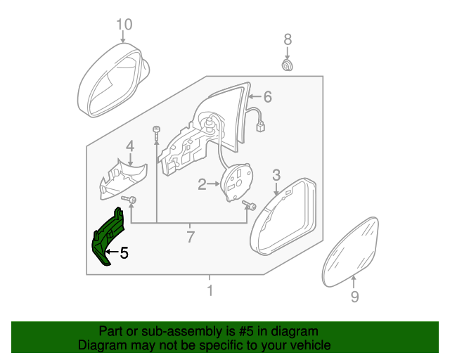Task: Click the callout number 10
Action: [124, 25]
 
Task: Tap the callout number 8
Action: [288, 39]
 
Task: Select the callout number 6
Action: [267, 97]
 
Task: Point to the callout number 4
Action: [130, 146]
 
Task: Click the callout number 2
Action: [202, 184]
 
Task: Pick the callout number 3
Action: [276, 175]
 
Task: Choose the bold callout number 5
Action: [124, 253]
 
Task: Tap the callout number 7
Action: [191, 237]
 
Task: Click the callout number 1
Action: [210, 290]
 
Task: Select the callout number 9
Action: [354, 297]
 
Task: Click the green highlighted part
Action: [107, 236]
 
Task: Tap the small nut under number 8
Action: [287, 65]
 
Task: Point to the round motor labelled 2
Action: [237, 182]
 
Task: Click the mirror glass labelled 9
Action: [350, 252]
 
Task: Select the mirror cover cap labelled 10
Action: [113, 80]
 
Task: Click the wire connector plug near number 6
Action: [260, 127]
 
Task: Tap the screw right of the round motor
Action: [249, 205]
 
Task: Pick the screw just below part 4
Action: [129, 199]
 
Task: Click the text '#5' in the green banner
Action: [246, 331]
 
